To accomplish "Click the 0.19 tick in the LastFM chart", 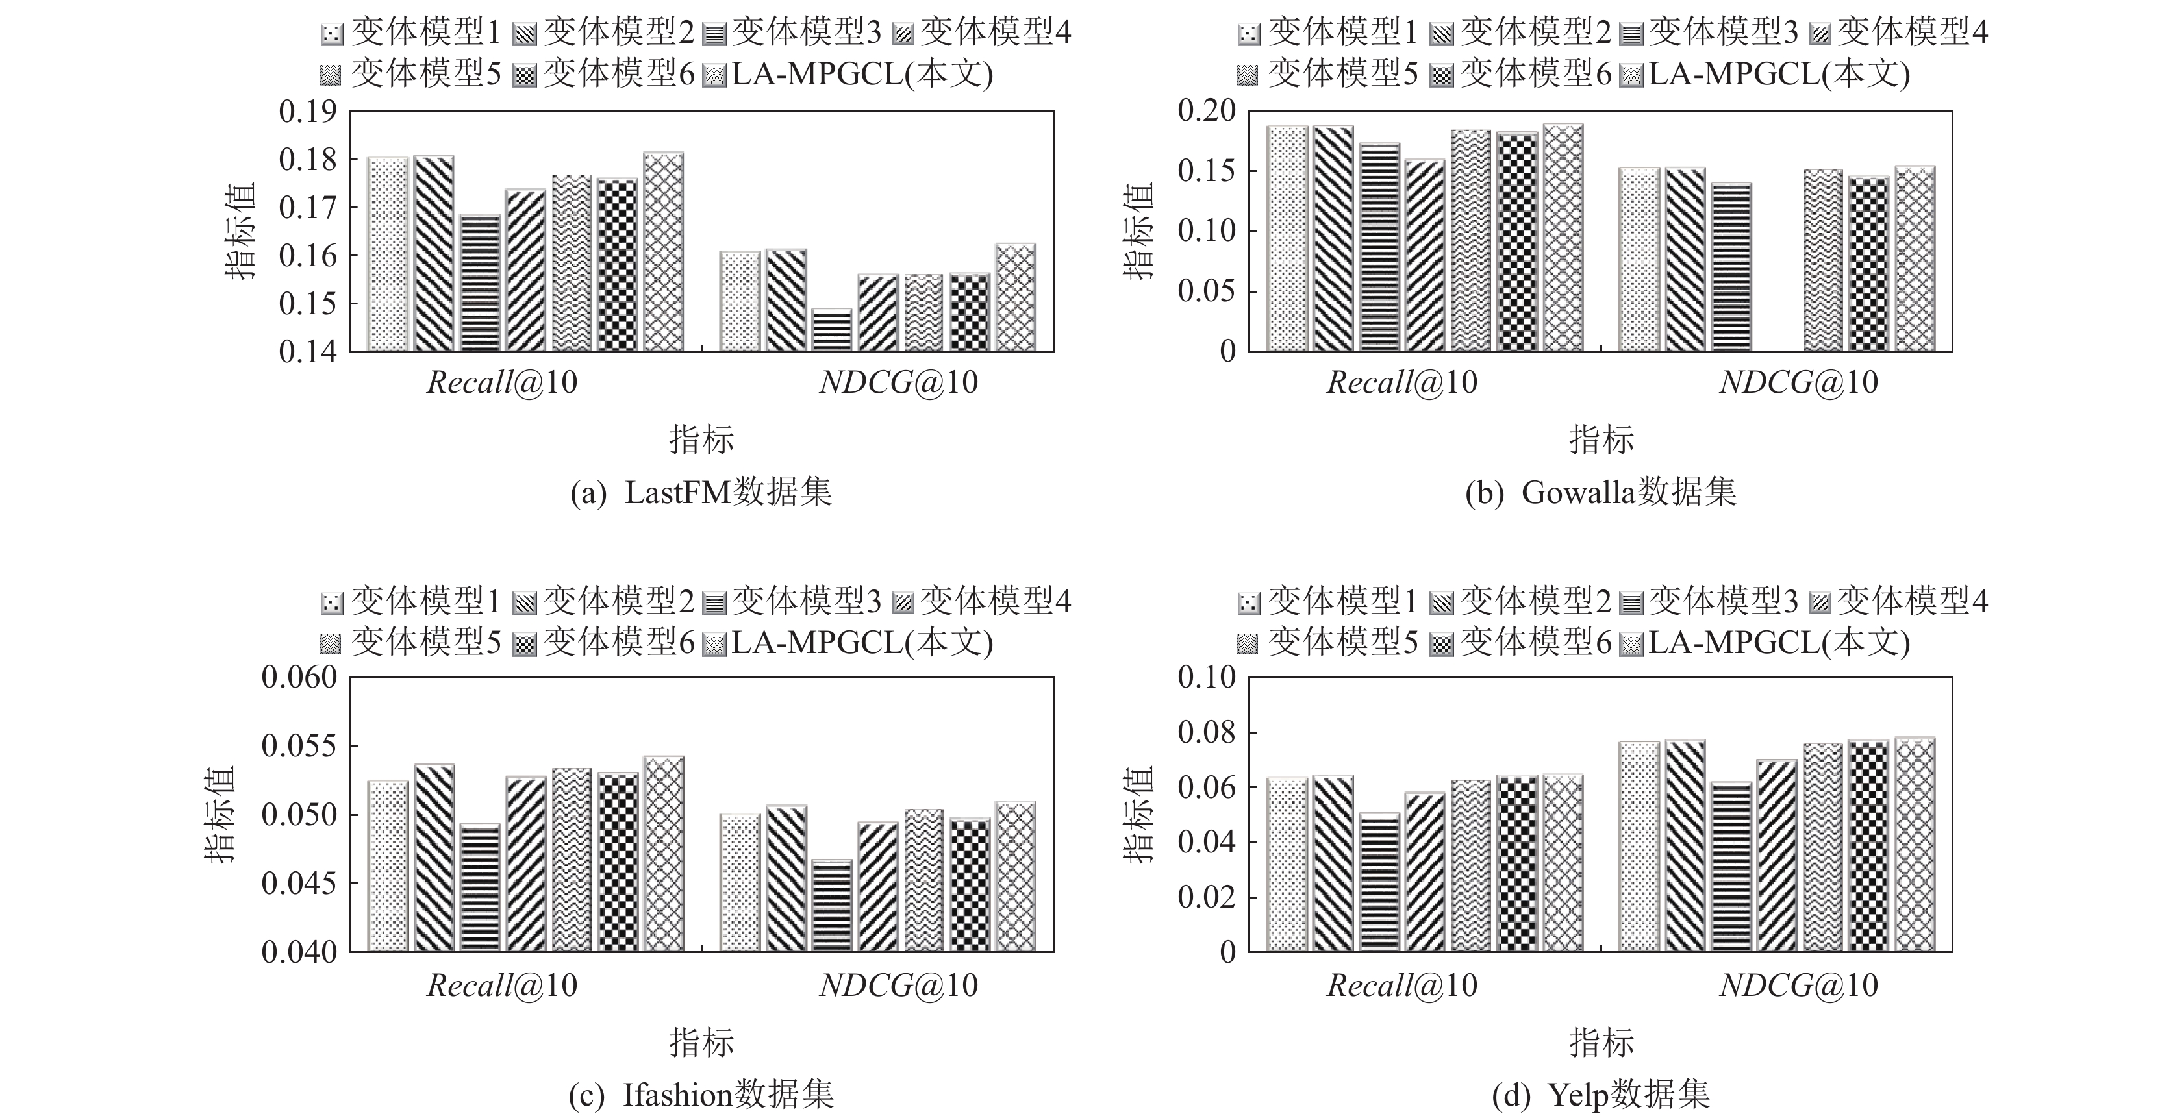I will click(308, 112).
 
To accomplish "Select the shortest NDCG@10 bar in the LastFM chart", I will click(832, 330).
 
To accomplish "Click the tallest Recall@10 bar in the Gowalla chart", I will click(1563, 237).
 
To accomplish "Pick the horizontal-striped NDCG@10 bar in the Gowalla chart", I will click(1731, 267).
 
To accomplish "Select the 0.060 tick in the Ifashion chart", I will click(299, 677).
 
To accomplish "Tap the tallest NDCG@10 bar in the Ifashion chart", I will click(1015, 876).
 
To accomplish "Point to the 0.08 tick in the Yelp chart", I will click(1206, 732).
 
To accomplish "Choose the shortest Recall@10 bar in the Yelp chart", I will click(1380, 882).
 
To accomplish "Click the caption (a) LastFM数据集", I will click(701, 493).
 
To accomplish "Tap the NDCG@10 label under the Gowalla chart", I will click(1798, 383).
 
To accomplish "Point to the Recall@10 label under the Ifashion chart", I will click(502, 986).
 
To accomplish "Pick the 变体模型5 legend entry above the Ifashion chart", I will click(411, 643).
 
